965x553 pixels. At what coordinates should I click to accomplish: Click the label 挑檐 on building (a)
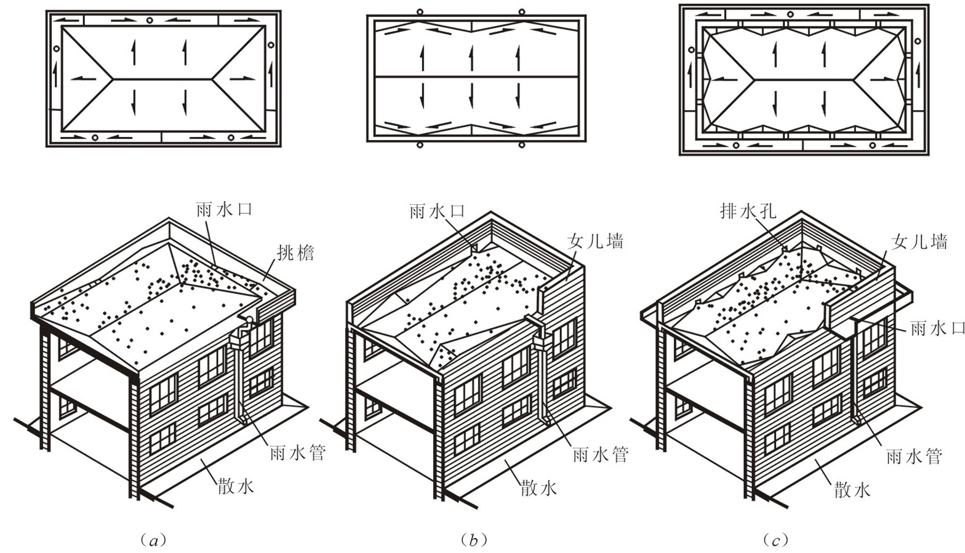(295, 253)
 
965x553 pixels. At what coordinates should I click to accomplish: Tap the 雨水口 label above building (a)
(224, 209)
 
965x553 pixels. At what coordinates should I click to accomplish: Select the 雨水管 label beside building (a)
(297, 452)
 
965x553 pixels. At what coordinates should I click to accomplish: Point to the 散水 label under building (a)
(235, 486)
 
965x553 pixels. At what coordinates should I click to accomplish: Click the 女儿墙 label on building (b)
(595, 241)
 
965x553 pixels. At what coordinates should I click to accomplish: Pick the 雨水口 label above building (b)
(437, 211)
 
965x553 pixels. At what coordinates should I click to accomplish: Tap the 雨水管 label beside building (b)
(600, 454)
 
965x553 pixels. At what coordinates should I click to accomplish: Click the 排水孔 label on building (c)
(748, 211)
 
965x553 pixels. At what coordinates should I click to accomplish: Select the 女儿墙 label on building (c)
(919, 241)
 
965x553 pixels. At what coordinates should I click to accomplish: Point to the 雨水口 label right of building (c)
(937, 328)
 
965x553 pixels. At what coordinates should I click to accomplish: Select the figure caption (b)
(474, 539)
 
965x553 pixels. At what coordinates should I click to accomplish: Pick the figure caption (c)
(776, 539)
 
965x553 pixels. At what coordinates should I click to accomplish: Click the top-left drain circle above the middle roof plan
(420, 12)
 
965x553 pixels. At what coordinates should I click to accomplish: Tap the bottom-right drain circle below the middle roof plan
(522, 145)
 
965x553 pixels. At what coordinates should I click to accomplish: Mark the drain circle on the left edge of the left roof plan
(56, 49)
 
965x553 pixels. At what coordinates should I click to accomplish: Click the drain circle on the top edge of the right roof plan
(790, 14)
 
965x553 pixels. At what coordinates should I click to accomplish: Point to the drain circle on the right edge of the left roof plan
(271, 45)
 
